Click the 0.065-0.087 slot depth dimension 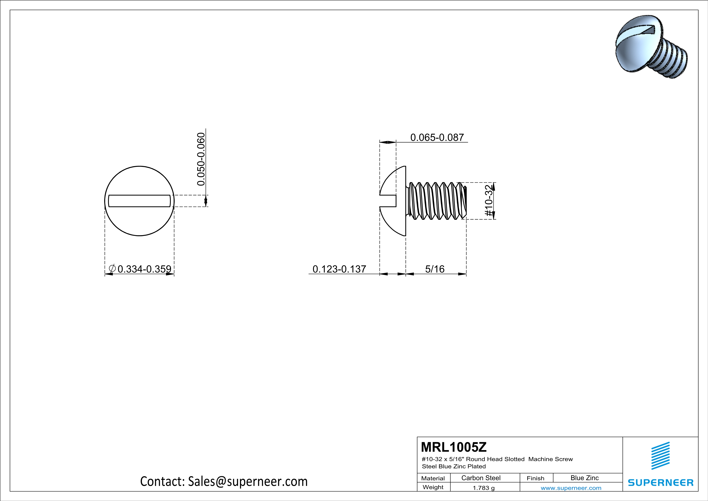437,137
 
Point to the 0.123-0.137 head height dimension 339,269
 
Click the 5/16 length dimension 435,269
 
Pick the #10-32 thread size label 489,201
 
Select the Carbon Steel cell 481,478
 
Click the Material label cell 433,478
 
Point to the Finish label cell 535,478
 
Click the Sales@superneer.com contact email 248,481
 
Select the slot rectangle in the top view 139,201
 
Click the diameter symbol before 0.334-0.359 112,269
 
